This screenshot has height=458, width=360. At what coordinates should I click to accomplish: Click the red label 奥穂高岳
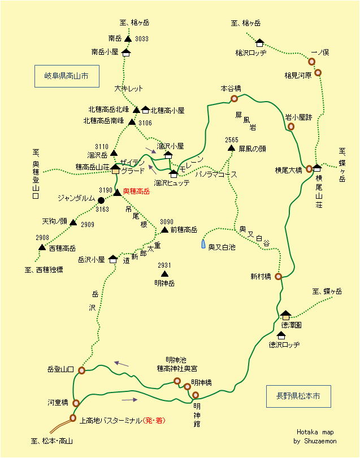click(137, 192)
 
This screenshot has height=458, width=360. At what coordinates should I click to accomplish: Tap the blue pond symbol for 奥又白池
click(203, 245)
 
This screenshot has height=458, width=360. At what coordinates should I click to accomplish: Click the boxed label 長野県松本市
click(298, 396)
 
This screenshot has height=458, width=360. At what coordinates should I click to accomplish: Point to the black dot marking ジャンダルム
click(101, 200)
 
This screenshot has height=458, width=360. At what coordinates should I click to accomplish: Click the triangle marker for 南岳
click(128, 39)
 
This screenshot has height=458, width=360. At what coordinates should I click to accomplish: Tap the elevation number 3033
click(142, 39)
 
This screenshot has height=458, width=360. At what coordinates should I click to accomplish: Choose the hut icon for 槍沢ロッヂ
click(259, 42)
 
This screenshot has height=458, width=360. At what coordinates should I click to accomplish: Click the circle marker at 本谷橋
click(234, 99)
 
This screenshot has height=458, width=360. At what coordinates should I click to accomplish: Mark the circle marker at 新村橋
click(278, 277)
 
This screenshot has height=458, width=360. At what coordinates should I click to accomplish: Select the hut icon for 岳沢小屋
click(113, 259)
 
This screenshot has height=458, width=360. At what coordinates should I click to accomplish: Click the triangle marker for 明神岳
click(164, 274)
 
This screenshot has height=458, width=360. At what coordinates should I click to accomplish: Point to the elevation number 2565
click(232, 139)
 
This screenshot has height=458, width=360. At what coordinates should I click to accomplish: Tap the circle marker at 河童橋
click(76, 403)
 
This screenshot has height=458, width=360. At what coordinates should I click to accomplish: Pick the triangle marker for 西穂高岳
click(42, 247)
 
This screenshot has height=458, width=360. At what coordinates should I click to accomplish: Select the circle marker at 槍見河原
click(318, 73)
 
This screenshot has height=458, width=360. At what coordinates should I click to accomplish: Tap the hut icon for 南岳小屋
click(125, 53)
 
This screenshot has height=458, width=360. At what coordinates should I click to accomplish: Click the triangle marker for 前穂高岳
click(164, 230)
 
